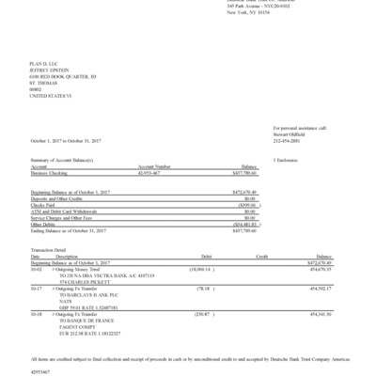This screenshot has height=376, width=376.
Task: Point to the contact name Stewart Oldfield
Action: coord(289,133)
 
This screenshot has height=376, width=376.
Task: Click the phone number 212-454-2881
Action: coord(287,139)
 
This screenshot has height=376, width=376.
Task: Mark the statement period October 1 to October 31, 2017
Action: coord(67,140)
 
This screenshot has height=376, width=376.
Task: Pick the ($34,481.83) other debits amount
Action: coord(243,224)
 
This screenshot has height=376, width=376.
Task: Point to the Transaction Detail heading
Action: coord(51,248)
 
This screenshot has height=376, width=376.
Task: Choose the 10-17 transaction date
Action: coord(37,288)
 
